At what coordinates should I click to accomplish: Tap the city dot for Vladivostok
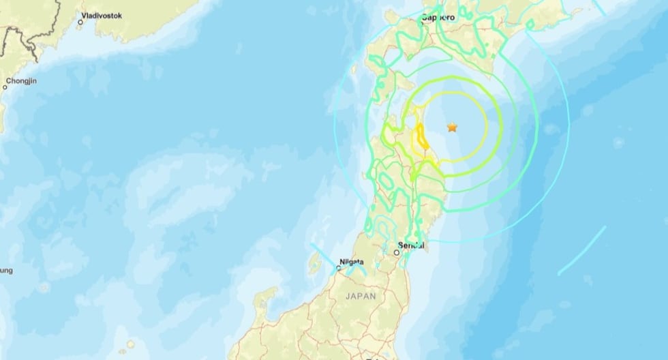[80, 22]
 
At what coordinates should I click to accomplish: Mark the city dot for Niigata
[338, 269]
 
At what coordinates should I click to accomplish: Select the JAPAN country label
[361, 296]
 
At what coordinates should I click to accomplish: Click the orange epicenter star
[452, 127]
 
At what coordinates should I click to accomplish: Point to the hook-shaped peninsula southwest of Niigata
[263, 300]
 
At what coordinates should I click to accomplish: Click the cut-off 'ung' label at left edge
[5, 271]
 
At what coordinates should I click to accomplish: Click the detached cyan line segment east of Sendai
[581, 251]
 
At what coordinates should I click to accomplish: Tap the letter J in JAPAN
[348, 296]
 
